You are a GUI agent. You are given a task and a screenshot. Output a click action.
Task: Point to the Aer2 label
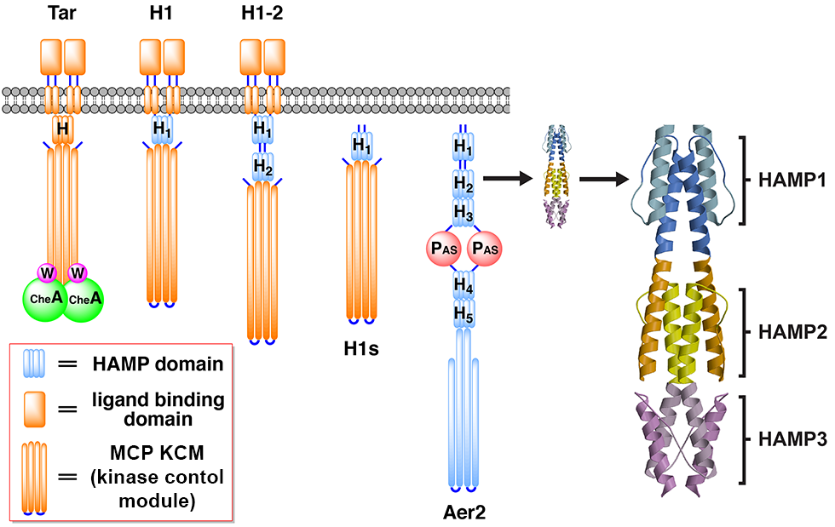pyautogui.click(x=464, y=513)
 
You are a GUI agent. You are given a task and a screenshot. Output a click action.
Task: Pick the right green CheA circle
pyautogui.click(x=83, y=298)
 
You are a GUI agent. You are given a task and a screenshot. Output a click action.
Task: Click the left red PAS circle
pyautogui.click(x=444, y=249)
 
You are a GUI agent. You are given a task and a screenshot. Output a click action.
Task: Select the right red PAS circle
pyautogui.click(x=484, y=249)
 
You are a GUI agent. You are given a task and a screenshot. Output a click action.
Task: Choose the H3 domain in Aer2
pyautogui.click(x=464, y=211)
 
